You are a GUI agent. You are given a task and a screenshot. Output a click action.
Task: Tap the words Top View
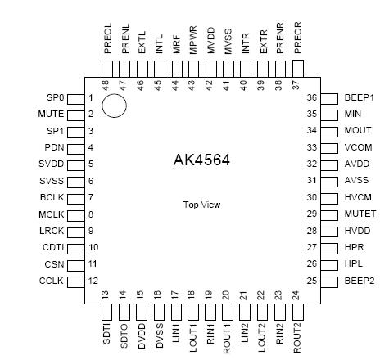coord(200,205)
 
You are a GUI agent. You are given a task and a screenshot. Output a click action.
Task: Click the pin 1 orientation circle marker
coord(114,106)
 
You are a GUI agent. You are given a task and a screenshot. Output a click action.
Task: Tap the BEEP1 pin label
coord(358,97)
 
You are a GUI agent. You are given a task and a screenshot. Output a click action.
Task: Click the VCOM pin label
coord(358,147)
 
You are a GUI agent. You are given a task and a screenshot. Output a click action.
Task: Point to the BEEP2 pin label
coord(358,281)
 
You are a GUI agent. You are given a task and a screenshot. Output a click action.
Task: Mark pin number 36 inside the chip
coord(310,97)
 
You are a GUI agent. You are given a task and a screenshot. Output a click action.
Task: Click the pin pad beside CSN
coord(75,264)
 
